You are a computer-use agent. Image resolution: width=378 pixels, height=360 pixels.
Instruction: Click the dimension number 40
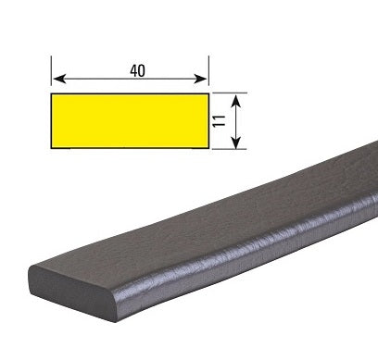coord(137,71)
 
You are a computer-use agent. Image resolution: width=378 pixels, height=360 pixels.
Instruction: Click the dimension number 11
coord(220,121)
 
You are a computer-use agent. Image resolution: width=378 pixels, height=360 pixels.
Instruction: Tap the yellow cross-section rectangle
coord(130,121)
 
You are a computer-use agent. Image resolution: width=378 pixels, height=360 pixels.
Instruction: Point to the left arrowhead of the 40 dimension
coord(59,79)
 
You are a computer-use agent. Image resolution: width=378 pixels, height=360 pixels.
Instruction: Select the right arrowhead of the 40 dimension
coord(200,79)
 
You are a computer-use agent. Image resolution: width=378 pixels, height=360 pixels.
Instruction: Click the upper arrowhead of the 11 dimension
coord(236,101)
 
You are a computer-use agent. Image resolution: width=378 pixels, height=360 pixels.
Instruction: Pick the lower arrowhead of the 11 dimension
coord(236,142)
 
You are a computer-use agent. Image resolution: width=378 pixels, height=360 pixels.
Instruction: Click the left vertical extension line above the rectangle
coord(51,70)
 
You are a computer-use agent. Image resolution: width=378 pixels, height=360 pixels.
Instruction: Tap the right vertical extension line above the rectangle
coord(208,70)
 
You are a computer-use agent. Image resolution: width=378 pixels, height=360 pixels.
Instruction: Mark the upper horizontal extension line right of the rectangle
coord(230,93)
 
